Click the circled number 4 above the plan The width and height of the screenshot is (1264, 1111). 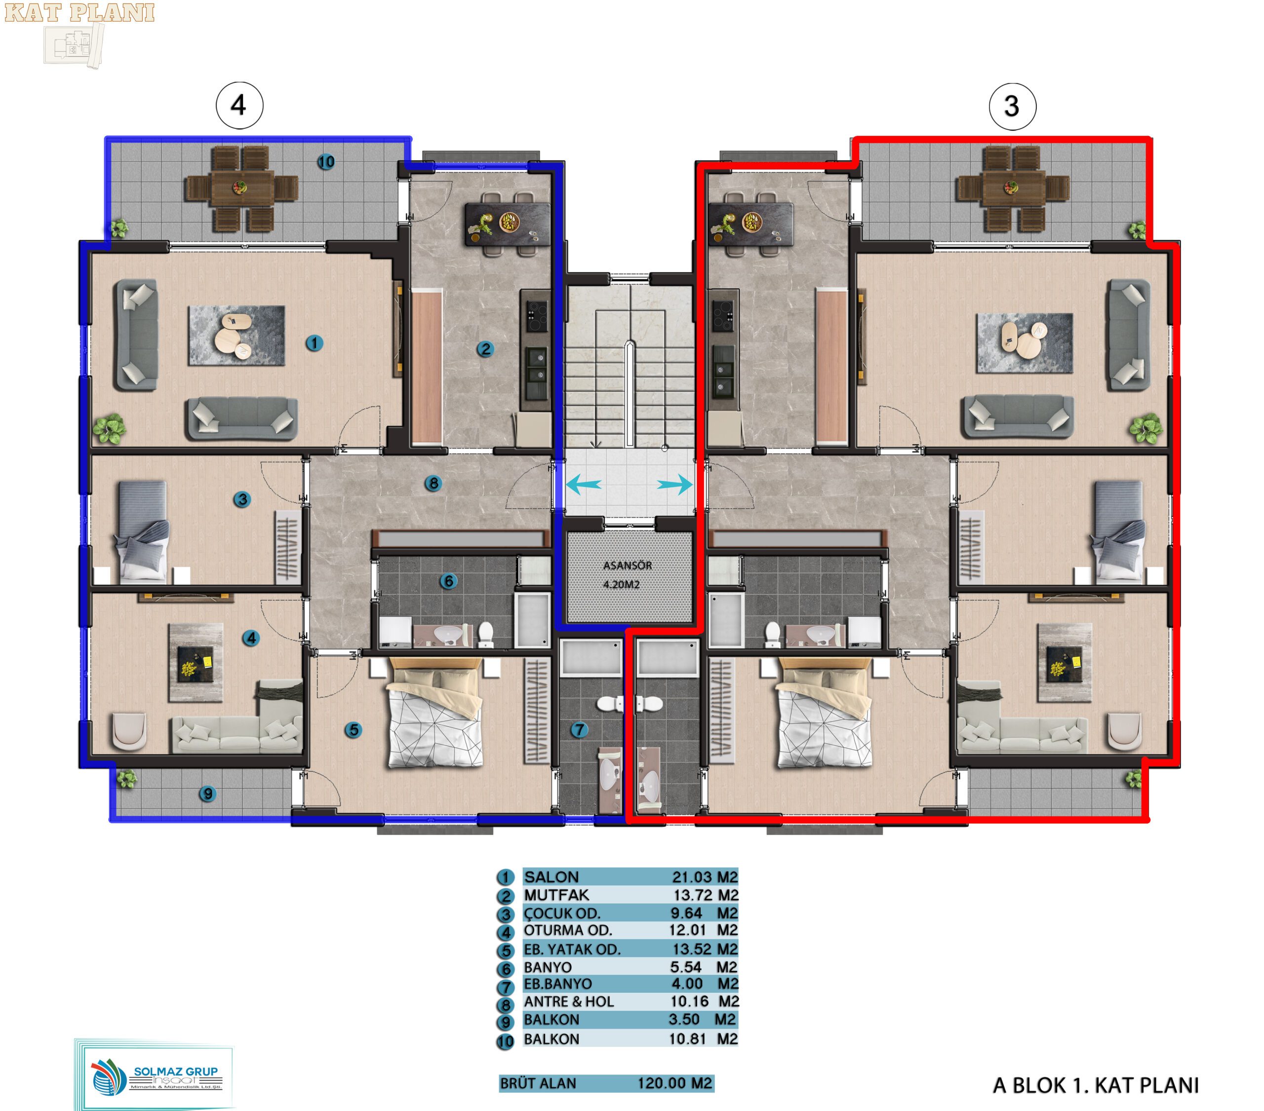(239, 105)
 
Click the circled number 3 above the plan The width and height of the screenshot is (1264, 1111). (1012, 106)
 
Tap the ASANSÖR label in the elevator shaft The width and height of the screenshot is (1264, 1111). (628, 566)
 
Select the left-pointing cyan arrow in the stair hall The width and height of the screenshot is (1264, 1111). (583, 484)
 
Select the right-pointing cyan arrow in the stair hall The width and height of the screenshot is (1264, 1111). (674, 484)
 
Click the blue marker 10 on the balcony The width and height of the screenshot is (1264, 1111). (326, 162)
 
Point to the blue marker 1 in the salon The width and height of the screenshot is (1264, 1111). (314, 343)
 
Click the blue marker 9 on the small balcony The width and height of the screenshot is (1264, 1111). (207, 793)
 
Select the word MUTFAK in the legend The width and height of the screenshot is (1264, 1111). (556, 895)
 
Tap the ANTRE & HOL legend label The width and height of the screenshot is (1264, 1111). (569, 1001)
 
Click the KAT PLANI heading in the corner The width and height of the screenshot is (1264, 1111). (80, 14)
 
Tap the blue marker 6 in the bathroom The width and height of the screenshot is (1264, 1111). (448, 581)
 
